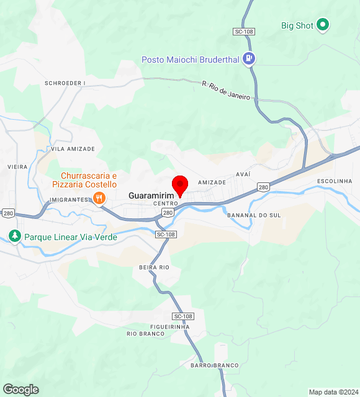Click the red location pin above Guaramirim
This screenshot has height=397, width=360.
(x=180, y=185)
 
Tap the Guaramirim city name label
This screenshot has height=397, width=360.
(x=150, y=195)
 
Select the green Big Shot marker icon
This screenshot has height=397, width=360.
(x=323, y=25)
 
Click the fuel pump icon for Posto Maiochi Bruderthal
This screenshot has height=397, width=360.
(x=249, y=60)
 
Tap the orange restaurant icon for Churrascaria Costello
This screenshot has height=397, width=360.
(x=98, y=198)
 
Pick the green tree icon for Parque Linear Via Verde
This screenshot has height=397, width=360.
(x=14, y=236)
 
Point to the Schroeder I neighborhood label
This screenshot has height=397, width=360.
(x=65, y=83)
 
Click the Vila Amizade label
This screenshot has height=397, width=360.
(x=73, y=149)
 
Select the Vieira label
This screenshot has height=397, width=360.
(x=17, y=167)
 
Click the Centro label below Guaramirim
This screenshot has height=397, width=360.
(x=166, y=203)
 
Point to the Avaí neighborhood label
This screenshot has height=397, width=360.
(x=243, y=174)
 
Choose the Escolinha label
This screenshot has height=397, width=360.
(x=335, y=181)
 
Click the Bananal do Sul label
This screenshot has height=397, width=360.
(x=254, y=215)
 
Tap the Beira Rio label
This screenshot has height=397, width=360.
(x=155, y=267)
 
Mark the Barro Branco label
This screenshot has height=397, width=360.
(x=215, y=365)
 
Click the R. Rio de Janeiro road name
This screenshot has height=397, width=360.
(x=226, y=90)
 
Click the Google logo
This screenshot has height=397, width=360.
(x=20, y=390)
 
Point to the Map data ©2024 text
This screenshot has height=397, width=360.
(x=333, y=392)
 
